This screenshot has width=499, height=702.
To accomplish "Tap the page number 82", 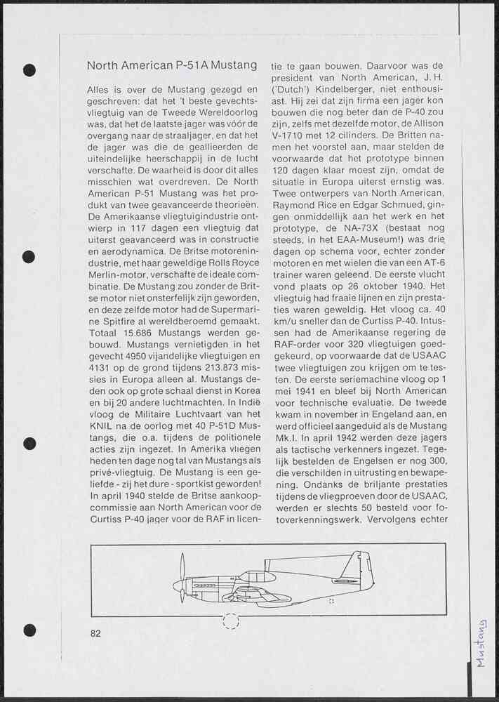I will (x=95, y=633).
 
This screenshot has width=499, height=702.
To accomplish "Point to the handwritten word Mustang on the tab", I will (x=481, y=642).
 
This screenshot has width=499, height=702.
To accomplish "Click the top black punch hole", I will (x=29, y=69).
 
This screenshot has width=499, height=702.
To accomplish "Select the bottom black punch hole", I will (x=29, y=630).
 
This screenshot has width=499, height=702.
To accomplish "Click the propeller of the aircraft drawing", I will (x=182, y=578).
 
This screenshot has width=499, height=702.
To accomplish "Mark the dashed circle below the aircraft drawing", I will (x=230, y=620).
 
